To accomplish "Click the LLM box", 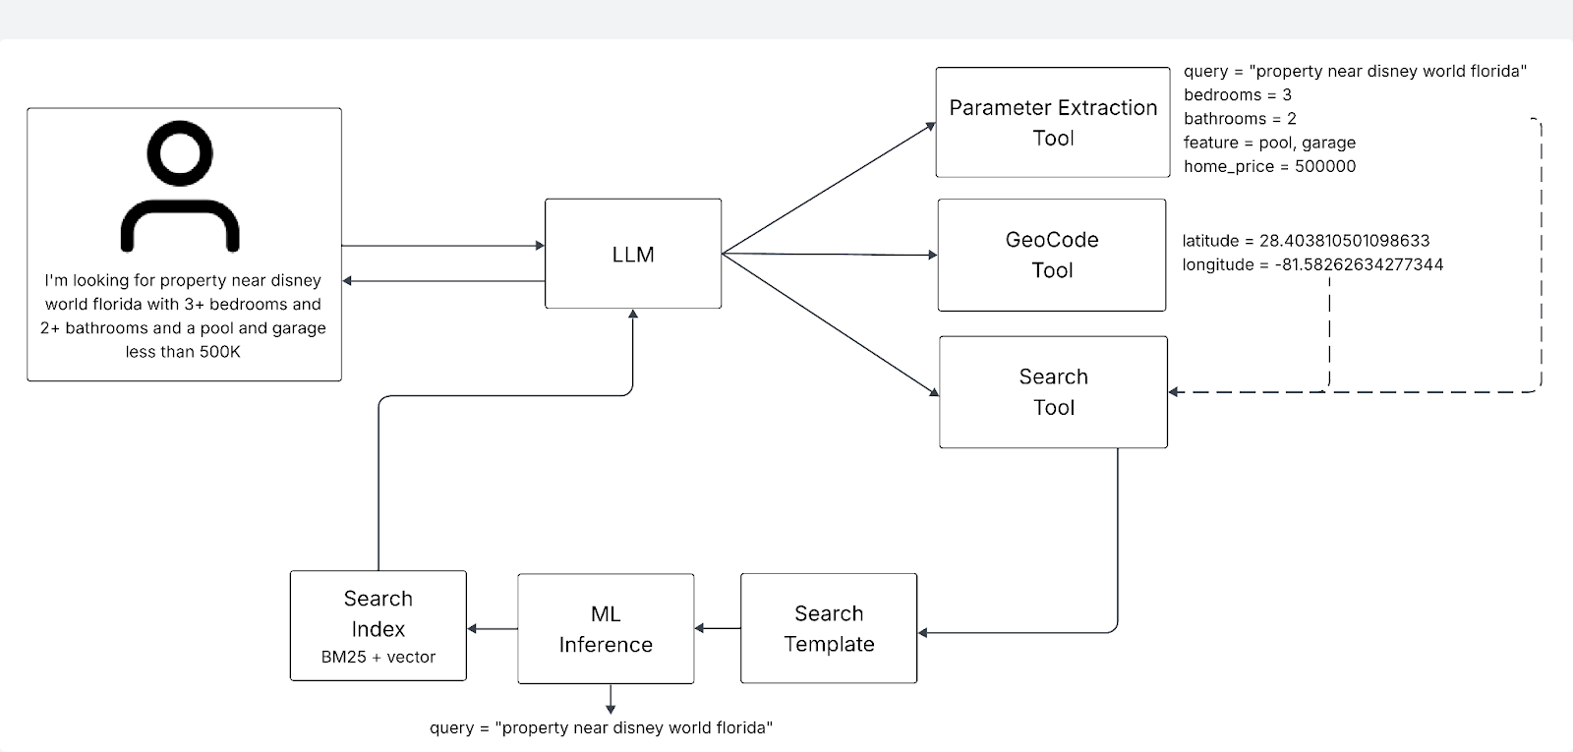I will click(x=633, y=254).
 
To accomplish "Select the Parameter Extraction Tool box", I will click(x=1052, y=123).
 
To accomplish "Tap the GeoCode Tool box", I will click(x=1051, y=255).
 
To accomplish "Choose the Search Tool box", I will click(x=1053, y=392).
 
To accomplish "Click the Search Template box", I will click(x=828, y=628).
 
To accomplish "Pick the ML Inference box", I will click(x=606, y=629).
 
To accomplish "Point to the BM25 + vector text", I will click(x=378, y=657).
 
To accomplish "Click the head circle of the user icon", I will click(x=180, y=153).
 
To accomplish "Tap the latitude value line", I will click(x=1306, y=241).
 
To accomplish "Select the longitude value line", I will click(x=1312, y=264).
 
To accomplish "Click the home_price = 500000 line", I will click(x=1269, y=166).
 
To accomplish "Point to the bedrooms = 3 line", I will click(x=1237, y=95).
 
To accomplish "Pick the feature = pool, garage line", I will click(x=1269, y=143).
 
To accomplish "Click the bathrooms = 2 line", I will click(x=1240, y=119).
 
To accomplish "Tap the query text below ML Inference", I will click(x=601, y=727).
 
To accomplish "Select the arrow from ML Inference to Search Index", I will click(x=492, y=629).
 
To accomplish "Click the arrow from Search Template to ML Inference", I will click(x=718, y=628).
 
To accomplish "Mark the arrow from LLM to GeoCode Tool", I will click(x=831, y=255).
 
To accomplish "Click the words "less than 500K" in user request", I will click(x=183, y=352).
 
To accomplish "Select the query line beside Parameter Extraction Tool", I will click(x=1355, y=72).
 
